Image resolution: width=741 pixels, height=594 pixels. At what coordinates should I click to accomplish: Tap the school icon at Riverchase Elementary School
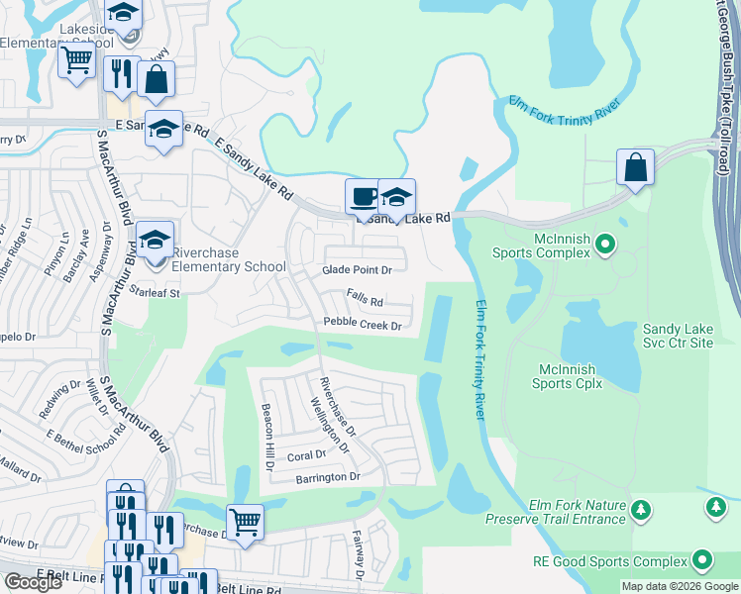pyautogui.click(x=156, y=240)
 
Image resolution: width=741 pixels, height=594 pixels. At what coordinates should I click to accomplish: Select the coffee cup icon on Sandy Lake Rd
pyautogui.click(x=364, y=196)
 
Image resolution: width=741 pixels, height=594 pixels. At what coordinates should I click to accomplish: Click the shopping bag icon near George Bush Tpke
pyautogui.click(x=635, y=167)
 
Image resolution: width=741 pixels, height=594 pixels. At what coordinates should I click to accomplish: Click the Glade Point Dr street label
pyautogui.click(x=358, y=269)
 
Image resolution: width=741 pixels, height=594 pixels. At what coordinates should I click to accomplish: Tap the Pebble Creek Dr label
pyautogui.click(x=363, y=325)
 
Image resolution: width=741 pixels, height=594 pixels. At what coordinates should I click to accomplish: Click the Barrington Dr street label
pyautogui.click(x=328, y=477)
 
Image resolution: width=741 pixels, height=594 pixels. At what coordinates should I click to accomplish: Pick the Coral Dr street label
pyautogui.click(x=306, y=456)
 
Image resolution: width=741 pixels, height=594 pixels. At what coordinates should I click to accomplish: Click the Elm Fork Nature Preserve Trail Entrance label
pyautogui.click(x=556, y=512)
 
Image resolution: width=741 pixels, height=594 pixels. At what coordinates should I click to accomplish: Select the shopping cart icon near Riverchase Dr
pyautogui.click(x=245, y=521)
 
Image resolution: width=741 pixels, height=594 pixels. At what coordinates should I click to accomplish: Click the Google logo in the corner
pyautogui.click(x=33, y=582)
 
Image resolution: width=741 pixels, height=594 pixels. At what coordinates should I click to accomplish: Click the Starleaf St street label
pyautogui.click(x=154, y=293)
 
